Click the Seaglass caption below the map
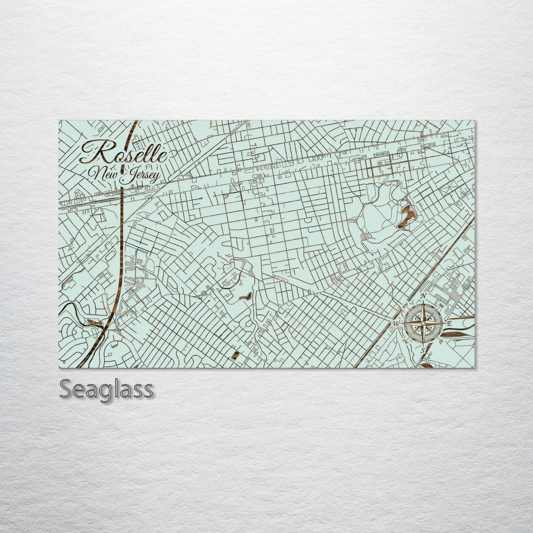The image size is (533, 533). coord(106,390)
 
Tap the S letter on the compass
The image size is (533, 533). coord(424,350)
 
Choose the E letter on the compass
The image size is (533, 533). coord(449,323)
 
